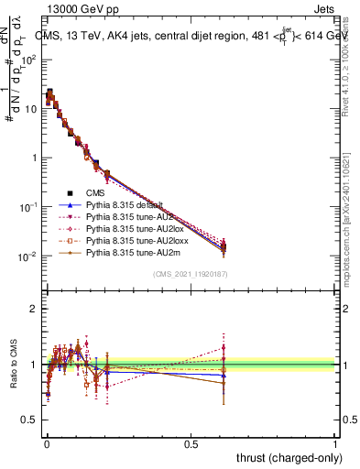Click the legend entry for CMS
click(95, 193)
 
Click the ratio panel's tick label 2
click(34, 309)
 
